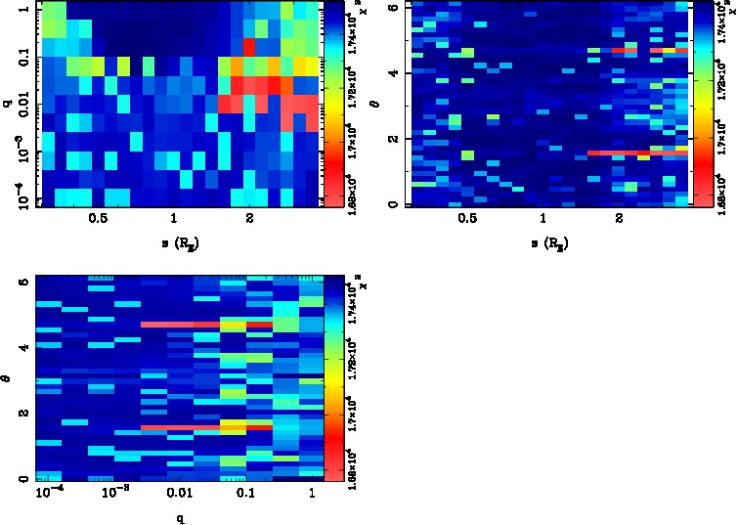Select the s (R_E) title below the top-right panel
click(543, 241)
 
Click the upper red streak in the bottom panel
click(205, 324)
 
